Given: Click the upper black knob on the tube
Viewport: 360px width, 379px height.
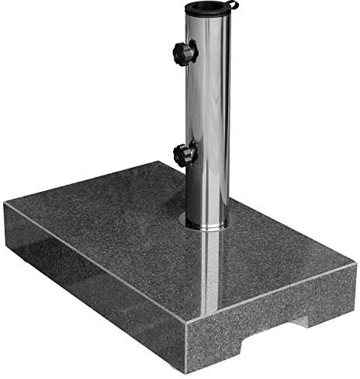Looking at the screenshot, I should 185,53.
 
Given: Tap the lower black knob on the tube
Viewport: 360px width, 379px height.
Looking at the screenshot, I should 185,154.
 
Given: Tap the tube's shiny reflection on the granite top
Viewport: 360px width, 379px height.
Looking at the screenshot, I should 209,272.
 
